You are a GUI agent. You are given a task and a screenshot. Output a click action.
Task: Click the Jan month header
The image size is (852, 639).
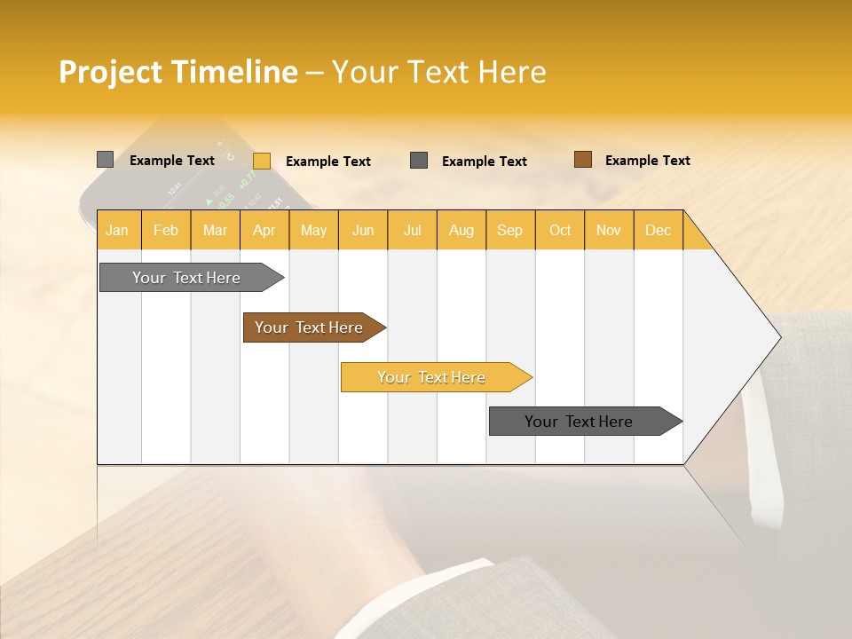118,230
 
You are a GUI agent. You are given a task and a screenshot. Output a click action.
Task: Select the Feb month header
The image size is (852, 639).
166,230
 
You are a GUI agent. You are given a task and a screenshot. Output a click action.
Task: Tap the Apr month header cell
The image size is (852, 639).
264,230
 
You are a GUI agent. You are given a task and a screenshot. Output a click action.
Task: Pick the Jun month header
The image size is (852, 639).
363,230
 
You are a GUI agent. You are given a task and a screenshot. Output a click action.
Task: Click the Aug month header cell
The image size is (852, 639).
461,230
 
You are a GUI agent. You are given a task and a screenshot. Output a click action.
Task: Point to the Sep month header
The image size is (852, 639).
510,230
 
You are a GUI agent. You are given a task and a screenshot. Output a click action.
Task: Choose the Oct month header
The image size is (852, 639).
560,230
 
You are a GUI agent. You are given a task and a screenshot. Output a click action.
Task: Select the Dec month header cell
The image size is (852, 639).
659,230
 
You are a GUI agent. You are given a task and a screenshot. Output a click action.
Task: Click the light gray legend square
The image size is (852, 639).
105,160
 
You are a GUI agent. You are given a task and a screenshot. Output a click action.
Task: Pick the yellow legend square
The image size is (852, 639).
261,161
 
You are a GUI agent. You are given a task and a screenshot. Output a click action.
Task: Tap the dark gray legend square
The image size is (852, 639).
419,161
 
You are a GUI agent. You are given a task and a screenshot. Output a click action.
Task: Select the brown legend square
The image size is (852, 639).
582,160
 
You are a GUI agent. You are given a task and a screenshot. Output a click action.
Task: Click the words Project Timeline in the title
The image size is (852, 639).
177,72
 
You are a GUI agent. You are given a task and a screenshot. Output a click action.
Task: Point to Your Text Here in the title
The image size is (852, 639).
438,72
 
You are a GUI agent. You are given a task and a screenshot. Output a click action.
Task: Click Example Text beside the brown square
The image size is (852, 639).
647,161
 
